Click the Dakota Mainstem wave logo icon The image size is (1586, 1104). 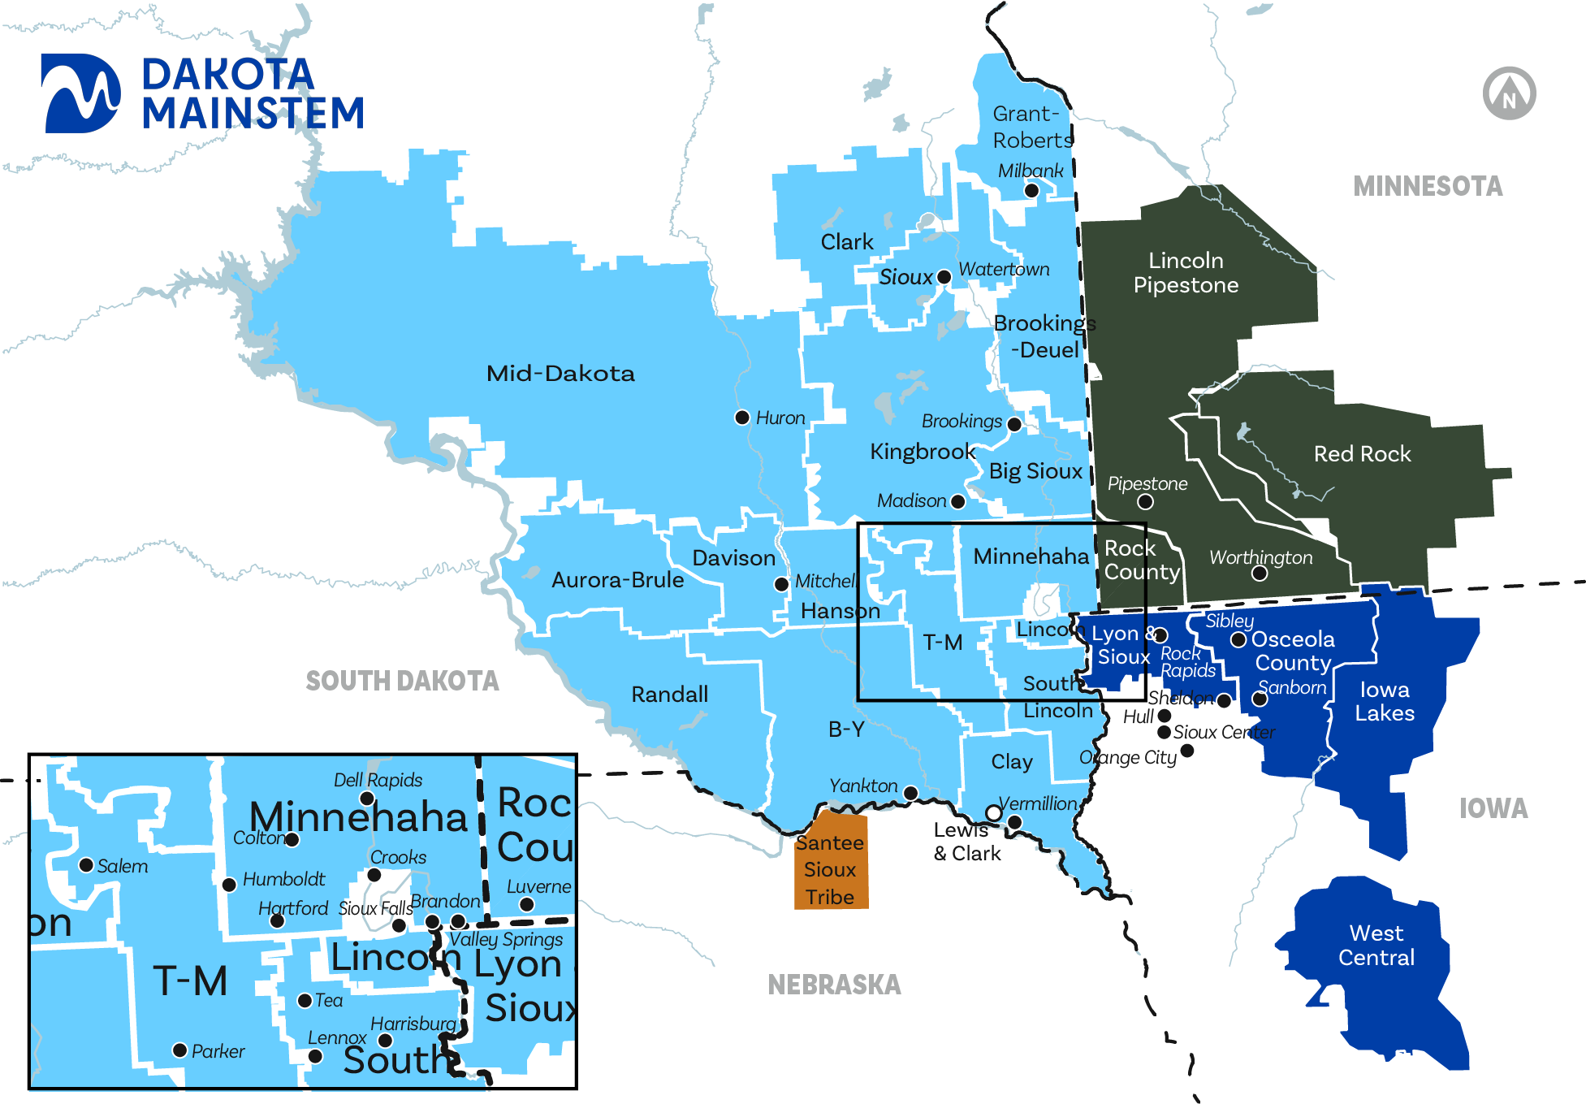pyautogui.click(x=81, y=93)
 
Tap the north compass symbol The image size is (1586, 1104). pyautogui.click(x=1509, y=93)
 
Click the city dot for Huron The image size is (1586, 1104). pyautogui.click(x=741, y=418)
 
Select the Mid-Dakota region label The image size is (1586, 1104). pyautogui.click(x=560, y=374)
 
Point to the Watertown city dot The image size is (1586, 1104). pyautogui.click(x=944, y=277)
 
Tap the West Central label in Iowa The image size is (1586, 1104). pyautogui.click(x=1376, y=946)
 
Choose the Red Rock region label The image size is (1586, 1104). pyautogui.click(x=1362, y=454)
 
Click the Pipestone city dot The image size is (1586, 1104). pyautogui.click(x=1145, y=502)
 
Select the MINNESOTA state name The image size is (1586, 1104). pyautogui.click(x=1427, y=187)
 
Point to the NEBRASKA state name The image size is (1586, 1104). pyautogui.click(x=834, y=985)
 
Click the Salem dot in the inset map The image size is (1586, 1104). pyautogui.click(x=86, y=865)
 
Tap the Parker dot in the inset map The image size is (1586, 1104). pyautogui.click(x=180, y=1050)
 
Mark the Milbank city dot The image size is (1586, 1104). pyautogui.click(x=1031, y=191)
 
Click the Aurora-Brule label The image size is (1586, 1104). pyautogui.click(x=617, y=580)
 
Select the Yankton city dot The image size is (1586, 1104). pyautogui.click(x=910, y=793)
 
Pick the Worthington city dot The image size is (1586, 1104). pyautogui.click(x=1260, y=574)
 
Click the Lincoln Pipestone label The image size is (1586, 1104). pyautogui.click(x=1186, y=273)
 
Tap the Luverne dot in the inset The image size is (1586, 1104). pyautogui.click(x=526, y=904)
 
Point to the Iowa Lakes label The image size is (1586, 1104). pyautogui.click(x=1385, y=702)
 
